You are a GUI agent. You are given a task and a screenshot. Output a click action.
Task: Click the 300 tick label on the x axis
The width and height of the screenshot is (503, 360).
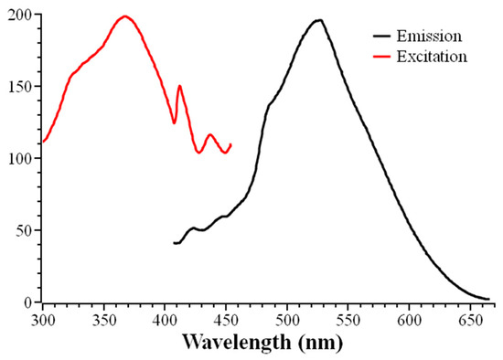tap(43, 320)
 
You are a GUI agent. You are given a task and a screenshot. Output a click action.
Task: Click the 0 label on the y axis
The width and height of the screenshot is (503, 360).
tap(29, 302)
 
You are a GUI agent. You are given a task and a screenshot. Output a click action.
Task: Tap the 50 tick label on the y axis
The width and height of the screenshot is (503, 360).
tap(26, 230)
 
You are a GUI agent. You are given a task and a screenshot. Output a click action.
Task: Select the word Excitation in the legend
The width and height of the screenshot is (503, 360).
tap(435, 57)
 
